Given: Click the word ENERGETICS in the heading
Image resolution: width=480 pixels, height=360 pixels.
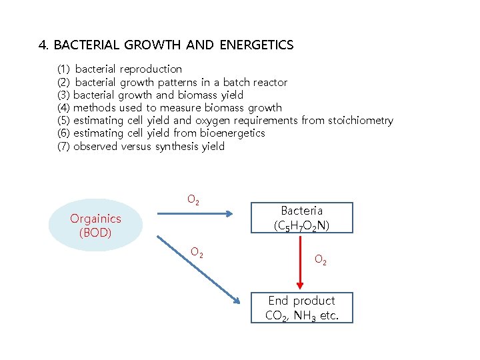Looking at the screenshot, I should pos(253,45).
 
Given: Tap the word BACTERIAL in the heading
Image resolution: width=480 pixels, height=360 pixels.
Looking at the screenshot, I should pos(84,45).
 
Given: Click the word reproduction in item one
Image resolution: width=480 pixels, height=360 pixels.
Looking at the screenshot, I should pos(151,69).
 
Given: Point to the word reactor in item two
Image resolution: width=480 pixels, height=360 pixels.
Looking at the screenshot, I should pos(269,82).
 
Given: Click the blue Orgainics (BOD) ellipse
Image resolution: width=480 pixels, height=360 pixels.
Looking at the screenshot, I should pos(95,225).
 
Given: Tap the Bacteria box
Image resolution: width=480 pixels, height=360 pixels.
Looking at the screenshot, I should pos(301,218).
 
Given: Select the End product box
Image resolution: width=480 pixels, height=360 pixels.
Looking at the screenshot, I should pos(301,307).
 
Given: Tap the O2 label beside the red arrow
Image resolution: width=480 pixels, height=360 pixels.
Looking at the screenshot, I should pos(321,260).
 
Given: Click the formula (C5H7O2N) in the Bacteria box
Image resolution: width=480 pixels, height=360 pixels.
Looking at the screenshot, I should pos(301,225).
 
